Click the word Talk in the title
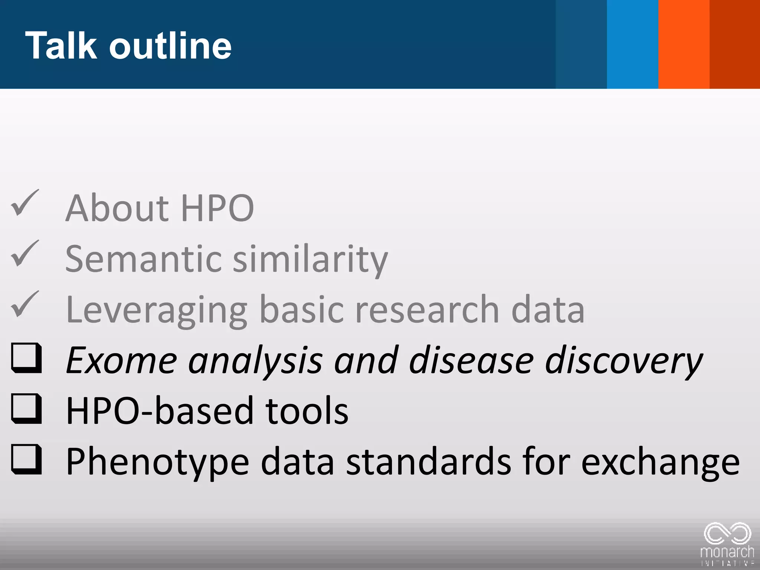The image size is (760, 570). [x=61, y=45]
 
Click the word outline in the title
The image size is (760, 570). [x=170, y=45]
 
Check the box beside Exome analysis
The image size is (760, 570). [x=26, y=358]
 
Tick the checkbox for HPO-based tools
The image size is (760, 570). [x=26, y=409]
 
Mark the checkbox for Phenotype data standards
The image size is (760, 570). [x=26, y=459]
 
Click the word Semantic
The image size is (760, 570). [x=143, y=259]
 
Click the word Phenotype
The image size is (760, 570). [x=158, y=462]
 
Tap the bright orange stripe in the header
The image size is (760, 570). [x=684, y=44]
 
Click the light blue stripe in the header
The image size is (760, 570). [x=632, y=44]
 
